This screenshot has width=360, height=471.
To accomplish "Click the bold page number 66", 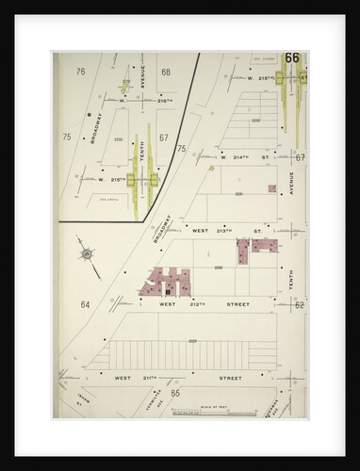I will [291, 58].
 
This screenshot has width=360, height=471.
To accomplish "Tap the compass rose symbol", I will [88, 253].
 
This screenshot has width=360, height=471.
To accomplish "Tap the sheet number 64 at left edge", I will [84, 304].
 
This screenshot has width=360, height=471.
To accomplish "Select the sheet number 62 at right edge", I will [298, 304].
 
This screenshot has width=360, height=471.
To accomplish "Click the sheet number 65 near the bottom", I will [174, 392].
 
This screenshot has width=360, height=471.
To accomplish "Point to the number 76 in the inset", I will [80, 72].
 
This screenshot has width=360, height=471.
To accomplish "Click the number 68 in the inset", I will [165, 72].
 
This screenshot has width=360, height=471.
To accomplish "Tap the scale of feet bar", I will [228, 412].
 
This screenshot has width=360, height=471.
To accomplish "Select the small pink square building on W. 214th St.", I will [271, 188].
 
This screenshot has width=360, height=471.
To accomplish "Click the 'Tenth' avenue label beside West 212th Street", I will [291, 278].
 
